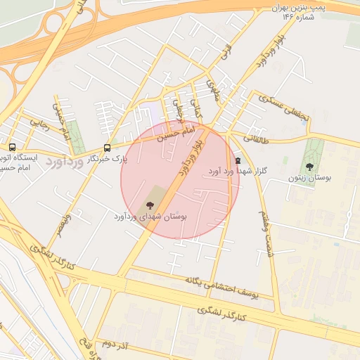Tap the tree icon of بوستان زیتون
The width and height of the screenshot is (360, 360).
point(309,166)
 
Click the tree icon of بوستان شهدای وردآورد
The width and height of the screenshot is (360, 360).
point(150,205)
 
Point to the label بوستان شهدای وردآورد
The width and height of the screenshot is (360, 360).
point(149,217)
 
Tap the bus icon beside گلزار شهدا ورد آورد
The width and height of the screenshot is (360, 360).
point(237,160)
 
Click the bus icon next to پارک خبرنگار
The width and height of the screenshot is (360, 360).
point(107,148)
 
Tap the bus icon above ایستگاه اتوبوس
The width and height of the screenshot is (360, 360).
point(12,147)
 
